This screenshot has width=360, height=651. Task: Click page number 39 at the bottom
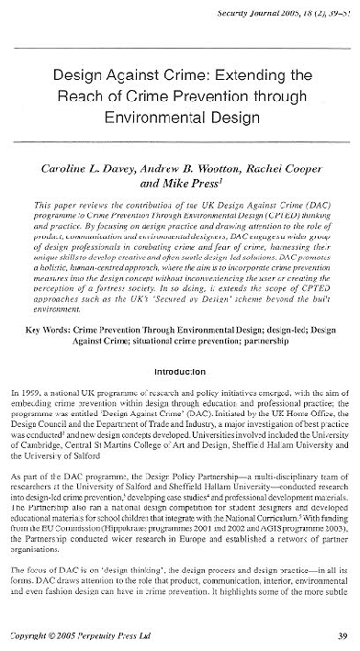pos(341,634)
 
